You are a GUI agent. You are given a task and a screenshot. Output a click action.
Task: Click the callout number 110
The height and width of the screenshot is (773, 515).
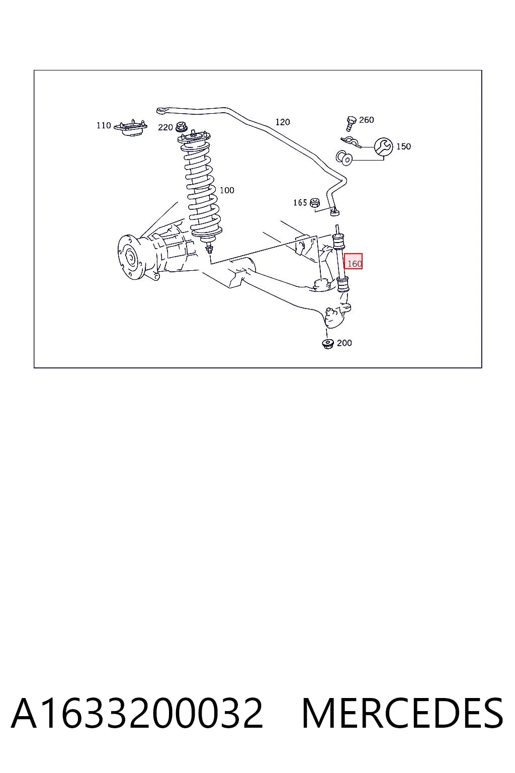click(104, 125)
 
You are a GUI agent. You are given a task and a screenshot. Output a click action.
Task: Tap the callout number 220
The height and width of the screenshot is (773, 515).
click(165, 127)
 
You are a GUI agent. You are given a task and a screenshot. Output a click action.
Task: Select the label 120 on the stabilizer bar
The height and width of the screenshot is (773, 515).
click(283, 122)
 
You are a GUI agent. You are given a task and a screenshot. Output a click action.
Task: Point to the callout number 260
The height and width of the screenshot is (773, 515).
click(366, 120)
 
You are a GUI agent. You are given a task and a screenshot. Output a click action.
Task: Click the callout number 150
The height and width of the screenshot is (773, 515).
click(403, 146)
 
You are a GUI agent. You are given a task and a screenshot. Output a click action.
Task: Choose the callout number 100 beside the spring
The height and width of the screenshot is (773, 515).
click(227, 190)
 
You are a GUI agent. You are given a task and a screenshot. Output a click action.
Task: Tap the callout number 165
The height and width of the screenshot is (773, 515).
click(300, 203)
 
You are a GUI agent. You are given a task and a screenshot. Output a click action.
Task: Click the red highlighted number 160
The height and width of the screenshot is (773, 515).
click(354, 263)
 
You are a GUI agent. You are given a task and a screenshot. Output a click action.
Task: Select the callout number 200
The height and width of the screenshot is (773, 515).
click(344, 343)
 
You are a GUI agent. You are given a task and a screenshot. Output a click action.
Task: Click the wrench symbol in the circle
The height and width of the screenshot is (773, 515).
click(383, 146)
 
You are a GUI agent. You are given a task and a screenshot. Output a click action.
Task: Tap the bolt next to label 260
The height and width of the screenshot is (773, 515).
click(351, 123)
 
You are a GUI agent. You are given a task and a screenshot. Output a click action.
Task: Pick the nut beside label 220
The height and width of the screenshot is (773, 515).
click(181, 127)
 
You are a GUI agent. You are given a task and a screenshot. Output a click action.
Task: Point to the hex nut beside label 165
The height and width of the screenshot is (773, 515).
click(315, 203)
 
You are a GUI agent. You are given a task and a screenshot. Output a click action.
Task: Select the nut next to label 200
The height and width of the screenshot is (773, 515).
click(327, 344)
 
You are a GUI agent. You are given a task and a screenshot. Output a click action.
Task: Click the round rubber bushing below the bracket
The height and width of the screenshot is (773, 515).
click(344, 158)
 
